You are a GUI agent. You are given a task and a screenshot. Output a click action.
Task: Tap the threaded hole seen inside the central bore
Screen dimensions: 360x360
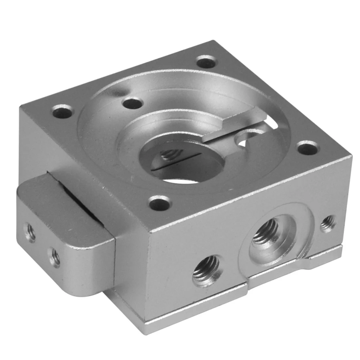(167, 155)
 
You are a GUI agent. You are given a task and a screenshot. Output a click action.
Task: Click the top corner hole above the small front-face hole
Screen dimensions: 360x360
(308, 148)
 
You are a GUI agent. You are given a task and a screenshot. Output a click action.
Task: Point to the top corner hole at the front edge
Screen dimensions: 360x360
(160, 204)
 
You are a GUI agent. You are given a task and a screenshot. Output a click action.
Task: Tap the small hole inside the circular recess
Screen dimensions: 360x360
(132, 104)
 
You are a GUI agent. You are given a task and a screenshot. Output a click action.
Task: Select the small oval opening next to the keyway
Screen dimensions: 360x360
(247, 139)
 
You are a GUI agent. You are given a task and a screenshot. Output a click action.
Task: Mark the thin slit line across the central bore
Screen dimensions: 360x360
(176, 163)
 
